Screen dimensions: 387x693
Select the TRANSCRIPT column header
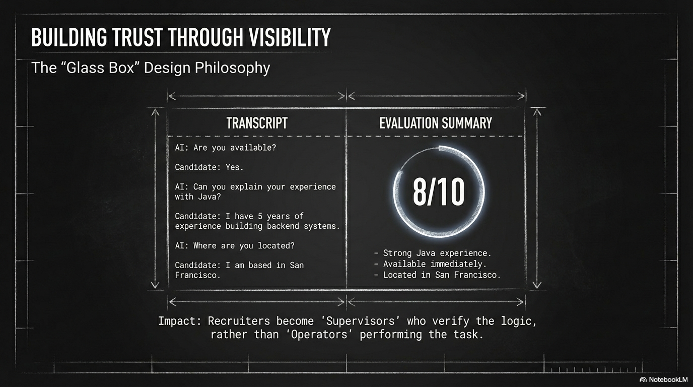point(257,123)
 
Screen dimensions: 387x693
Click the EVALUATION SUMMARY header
point(436,123)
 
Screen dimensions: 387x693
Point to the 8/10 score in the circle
point(438,191)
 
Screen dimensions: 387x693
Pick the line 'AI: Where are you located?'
point(234,245)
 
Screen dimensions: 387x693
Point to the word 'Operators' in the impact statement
point(319,335)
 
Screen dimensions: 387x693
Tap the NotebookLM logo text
point(668,379)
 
